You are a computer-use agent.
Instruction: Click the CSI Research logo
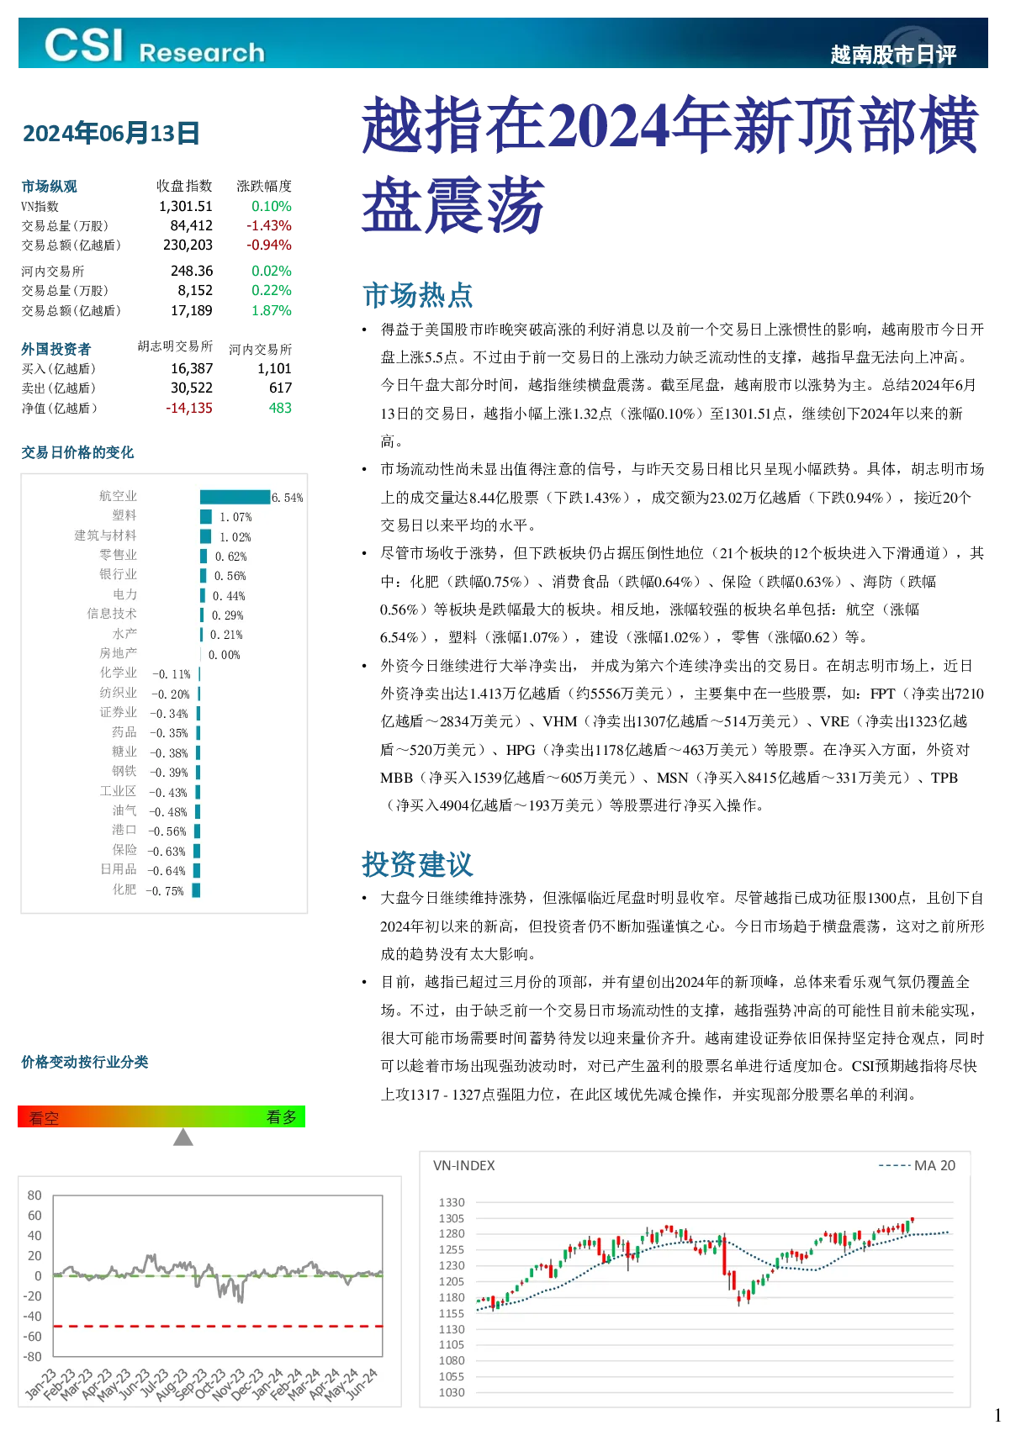155,46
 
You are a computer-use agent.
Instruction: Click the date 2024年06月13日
111,134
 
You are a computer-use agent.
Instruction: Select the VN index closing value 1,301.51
186,206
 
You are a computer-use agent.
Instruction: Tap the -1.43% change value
269,225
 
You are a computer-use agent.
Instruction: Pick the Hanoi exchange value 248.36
192,271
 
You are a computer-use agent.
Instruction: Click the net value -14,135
189,408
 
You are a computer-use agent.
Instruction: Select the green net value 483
280,408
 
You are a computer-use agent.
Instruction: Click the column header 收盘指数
184,186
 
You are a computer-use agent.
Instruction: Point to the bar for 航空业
235,497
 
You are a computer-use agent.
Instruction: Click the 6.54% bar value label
288,498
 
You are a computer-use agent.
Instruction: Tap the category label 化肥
124,889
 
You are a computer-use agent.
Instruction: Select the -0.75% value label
165,891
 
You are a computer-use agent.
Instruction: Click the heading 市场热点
418,295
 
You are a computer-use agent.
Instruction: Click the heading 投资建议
418,864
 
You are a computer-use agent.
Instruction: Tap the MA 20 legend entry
917,1165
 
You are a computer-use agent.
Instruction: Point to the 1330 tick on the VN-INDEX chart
452,1203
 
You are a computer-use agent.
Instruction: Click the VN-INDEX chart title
464,1165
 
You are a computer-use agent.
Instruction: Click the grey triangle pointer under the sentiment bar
183,1137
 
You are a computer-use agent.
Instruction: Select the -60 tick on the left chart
33,1337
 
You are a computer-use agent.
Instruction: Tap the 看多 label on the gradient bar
282,1117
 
